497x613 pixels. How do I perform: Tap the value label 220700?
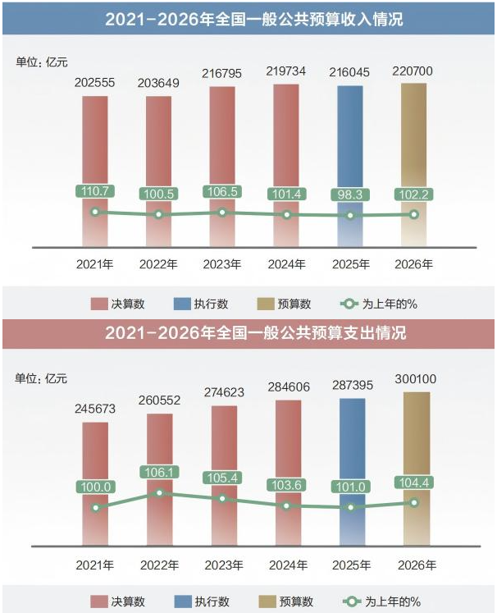click(414, 72)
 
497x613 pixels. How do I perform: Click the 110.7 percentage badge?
click(95, 191)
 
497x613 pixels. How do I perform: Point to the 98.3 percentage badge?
click(350, 195)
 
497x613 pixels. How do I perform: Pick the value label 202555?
click(95, 84)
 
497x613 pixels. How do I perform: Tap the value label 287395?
click(350, 386)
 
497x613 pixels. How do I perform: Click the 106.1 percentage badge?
click(159, 473)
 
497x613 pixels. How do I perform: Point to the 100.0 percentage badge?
click(95, 487)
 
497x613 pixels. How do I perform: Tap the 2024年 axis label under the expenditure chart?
click(286, 565)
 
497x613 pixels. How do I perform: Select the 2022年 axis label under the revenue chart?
click(159, 264)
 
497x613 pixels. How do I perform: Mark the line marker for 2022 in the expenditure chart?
click(159, 493)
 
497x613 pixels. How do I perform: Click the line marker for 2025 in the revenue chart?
click(350, 216)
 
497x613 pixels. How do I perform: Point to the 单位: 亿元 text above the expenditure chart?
click(42, 378)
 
